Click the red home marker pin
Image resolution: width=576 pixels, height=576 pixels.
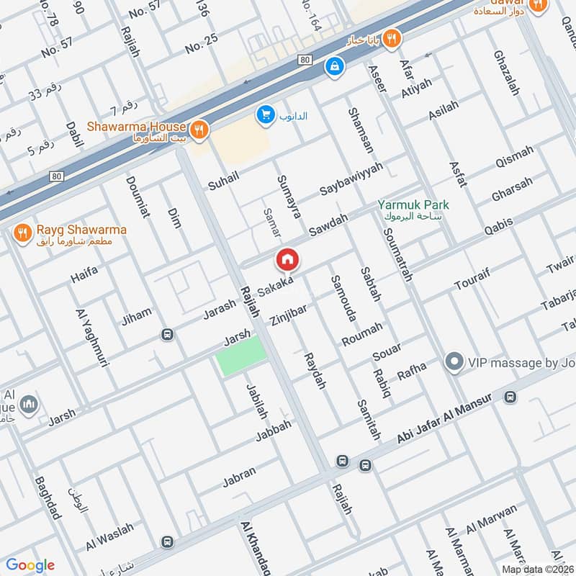click(x=287, y=260)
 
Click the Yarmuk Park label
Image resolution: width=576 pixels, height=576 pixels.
click(x=413, y=205)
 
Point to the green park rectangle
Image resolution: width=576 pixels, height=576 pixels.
click(x=242, y=354)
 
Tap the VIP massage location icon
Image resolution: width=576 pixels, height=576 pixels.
click(x=454, y=362)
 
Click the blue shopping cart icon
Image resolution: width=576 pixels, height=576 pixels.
click(x=266, y=114)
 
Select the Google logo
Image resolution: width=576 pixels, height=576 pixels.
click(x=30, y=564)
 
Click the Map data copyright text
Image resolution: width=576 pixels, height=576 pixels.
click(x=537, y=569)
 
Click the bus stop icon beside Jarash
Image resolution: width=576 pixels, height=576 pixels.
click(x=167, y=335)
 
